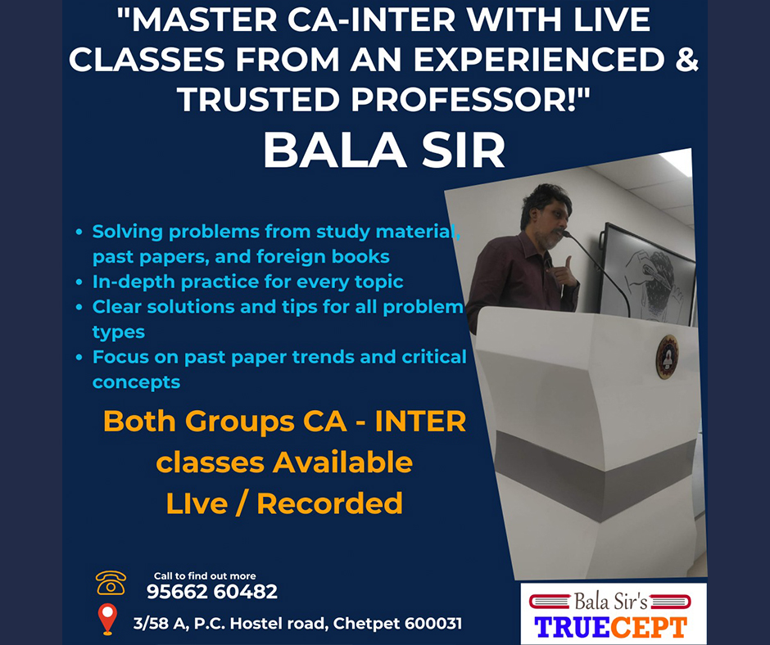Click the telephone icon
[111, 583]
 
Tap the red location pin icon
[107, 619]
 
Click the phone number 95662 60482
[212, 592]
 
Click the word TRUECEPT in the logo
[611, 627]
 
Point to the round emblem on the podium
[667, 357]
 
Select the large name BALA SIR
[384, 151]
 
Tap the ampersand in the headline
[686, 59]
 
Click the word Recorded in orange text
[329, 503]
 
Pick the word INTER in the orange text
[420, 422]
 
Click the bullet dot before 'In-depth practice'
[79, 282]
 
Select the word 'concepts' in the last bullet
[136, 382]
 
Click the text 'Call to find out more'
[205, 575]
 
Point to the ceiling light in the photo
[678, 161]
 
